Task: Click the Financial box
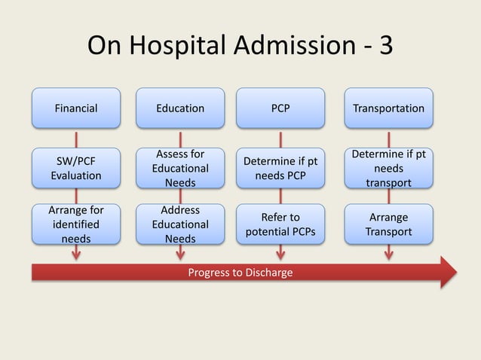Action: point(75,108)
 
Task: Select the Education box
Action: point(179,108)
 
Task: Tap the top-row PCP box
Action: point(280,108)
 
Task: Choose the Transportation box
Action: point(388,108)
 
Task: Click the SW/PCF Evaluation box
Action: point(75,168)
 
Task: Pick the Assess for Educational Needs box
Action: point(179,168)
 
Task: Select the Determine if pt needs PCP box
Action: point(280,168)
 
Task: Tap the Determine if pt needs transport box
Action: point(388,168)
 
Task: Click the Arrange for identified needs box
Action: point(75,224)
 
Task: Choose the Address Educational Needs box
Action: point(179,224)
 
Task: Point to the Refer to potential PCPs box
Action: point(280,224)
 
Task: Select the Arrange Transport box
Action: point(388,224)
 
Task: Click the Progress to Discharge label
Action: point(240,272)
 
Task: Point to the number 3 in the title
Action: point(385,47)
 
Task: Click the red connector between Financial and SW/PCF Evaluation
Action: point(75,139)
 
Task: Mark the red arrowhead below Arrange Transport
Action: point(388,255)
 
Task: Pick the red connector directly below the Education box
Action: point(179,139)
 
